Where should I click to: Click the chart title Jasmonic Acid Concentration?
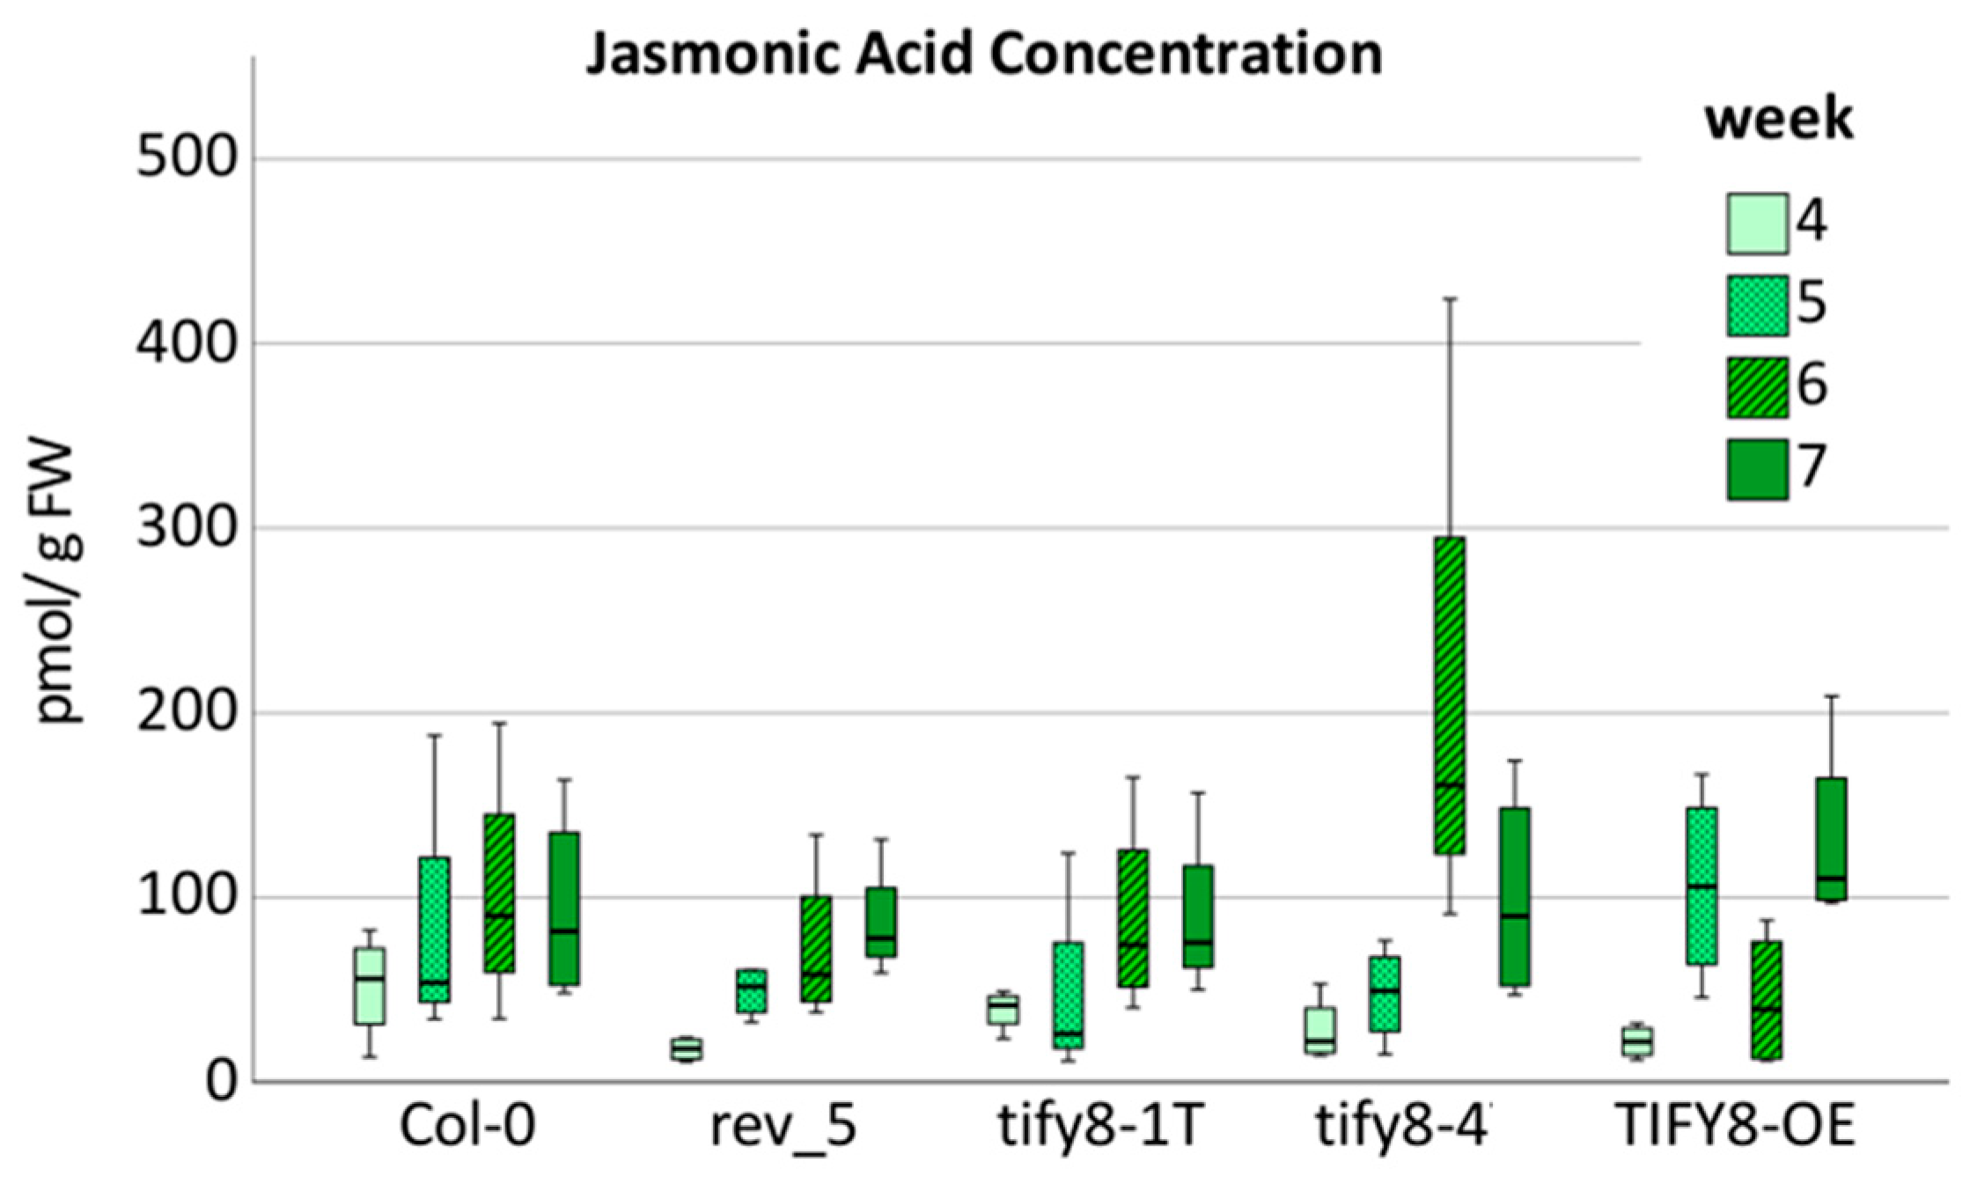(984, 55)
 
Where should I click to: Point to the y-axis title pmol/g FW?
(60, 584)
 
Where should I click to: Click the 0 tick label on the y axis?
(221, 1082)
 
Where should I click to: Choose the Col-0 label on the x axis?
(467, 1127)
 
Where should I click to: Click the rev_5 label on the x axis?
(783, 1127)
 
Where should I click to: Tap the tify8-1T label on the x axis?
(1100, 1127)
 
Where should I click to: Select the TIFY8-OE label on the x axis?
(1737, 1127)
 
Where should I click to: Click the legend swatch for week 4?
(1757, 224)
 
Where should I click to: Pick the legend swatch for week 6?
(1757, 387)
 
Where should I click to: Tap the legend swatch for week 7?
(1757, 469)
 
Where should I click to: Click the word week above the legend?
(1779, 120)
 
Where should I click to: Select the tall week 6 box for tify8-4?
(1450, 695)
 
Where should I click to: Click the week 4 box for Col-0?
(370, 986)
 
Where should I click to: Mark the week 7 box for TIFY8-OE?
(1831, 839)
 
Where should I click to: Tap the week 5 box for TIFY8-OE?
(1701, 886)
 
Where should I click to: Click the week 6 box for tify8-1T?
(1133, 917)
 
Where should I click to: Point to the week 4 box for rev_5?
(687, 1048)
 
